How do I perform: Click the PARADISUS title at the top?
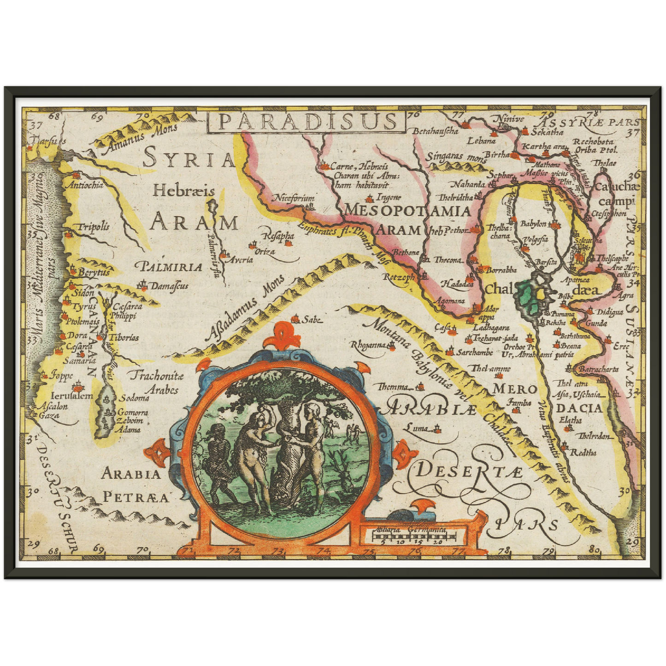pyautogui.click(x=306, y=121)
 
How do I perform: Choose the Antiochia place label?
pyautogui.click(x=85, y=185)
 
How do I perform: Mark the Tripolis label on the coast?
pyautogui.click(x=93, y=226)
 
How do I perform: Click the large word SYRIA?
pyautogui.click(x=189, y=159)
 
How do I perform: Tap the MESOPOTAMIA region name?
pyautogui.click(x=407, y=211)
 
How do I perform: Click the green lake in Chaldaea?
pyautogui.click(x=525, y=297)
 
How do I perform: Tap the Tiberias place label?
pyautogui.click(x=125, y=337)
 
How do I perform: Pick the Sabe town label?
pyautogui.click(x=311, y=319)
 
